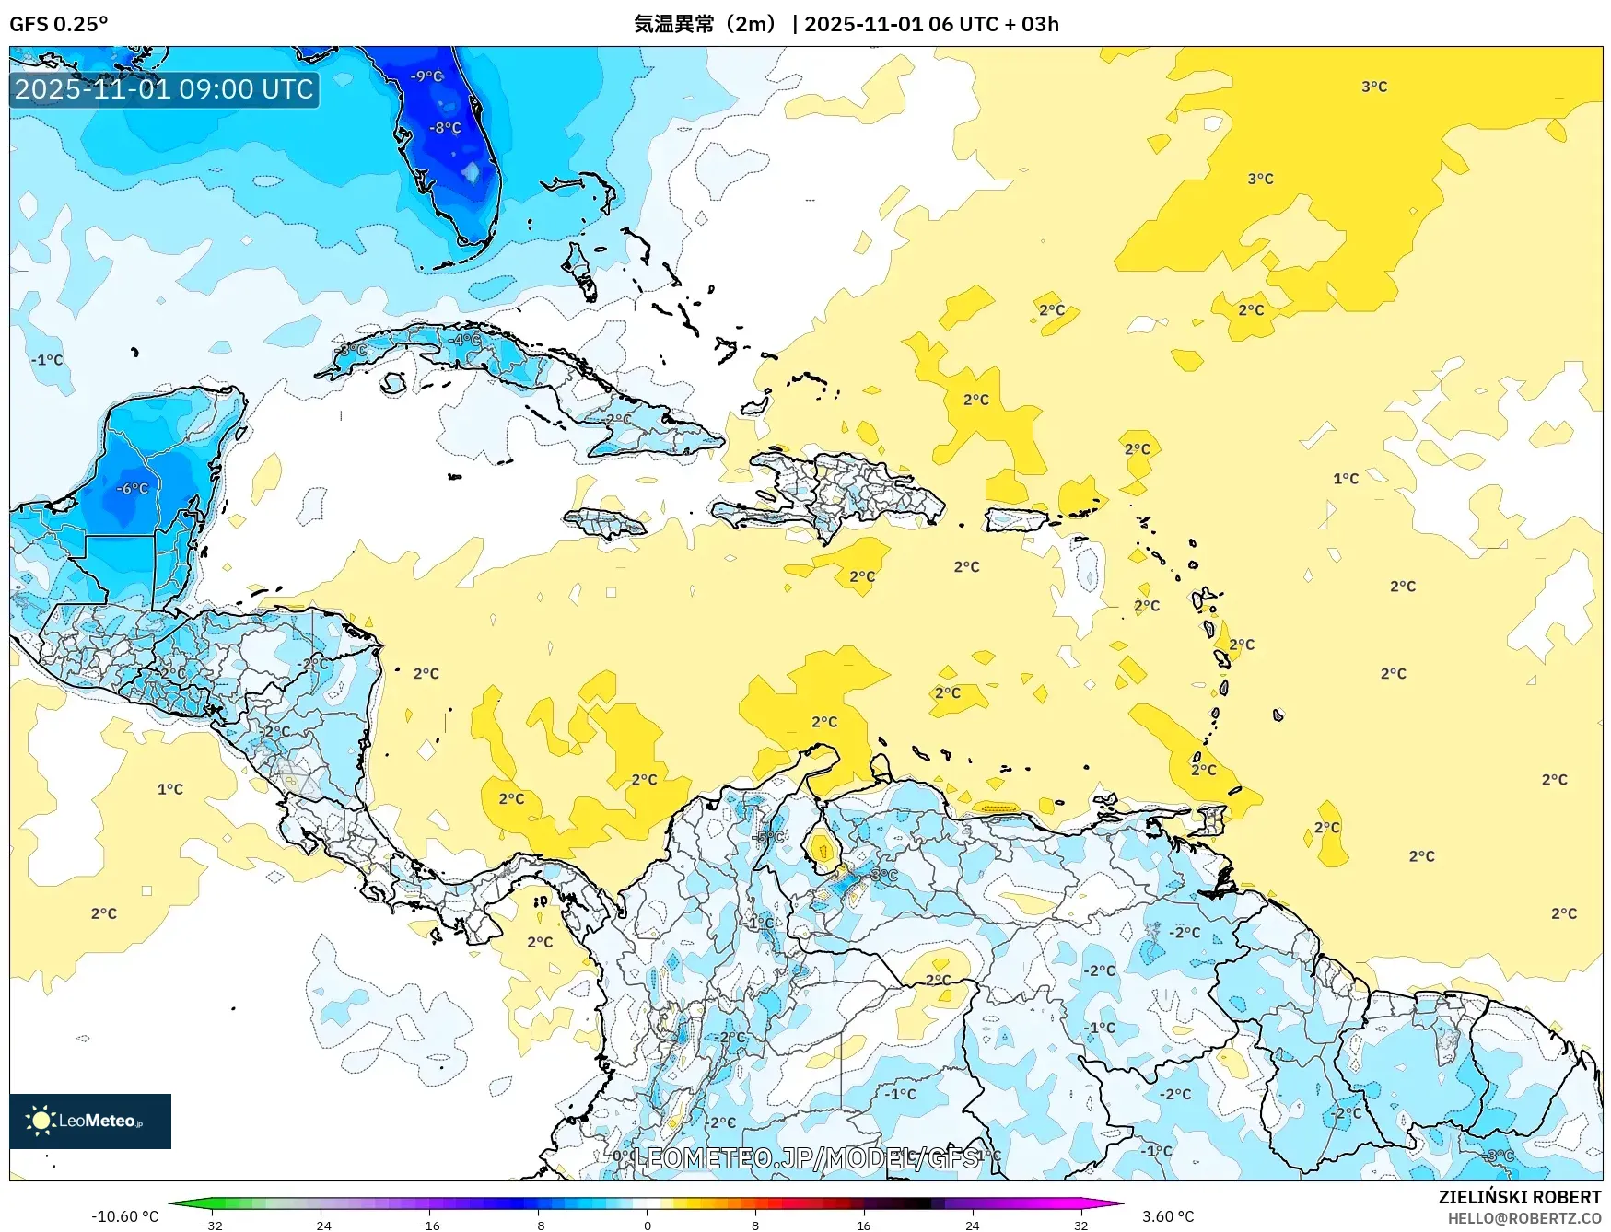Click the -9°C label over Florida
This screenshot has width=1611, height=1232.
coord(426,76)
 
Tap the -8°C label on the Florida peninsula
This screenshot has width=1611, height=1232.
coord(445,128)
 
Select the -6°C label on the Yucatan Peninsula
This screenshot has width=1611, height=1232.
coord(133,489)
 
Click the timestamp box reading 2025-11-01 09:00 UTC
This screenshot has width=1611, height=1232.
coord(164,89)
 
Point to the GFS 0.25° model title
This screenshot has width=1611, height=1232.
coord(59,24)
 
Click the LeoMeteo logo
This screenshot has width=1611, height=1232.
coord(90,1121)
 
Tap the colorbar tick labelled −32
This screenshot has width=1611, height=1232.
coord(212,1225)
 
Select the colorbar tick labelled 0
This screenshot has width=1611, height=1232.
coord(647,1225)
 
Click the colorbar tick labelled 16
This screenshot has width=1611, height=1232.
coord(863,1225)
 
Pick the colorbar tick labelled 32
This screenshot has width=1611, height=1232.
coord(1080,1225)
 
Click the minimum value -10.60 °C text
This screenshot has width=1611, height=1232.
coord(125,1216)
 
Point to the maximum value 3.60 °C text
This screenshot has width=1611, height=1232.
coord(1168,1216)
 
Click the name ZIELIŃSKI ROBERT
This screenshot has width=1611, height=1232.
coord(1520,1197)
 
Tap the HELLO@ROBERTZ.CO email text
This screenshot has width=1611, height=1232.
coord(1524,1218)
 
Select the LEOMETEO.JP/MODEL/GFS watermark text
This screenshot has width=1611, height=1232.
coord(806,1157)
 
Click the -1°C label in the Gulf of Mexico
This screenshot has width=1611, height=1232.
coord(47,360)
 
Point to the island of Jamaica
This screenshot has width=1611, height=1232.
coord(605,524)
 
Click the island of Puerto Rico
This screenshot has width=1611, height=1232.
coord(1017,520)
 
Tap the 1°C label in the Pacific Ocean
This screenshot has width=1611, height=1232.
coord(170,789)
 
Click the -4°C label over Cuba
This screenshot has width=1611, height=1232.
coord(465,340)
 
